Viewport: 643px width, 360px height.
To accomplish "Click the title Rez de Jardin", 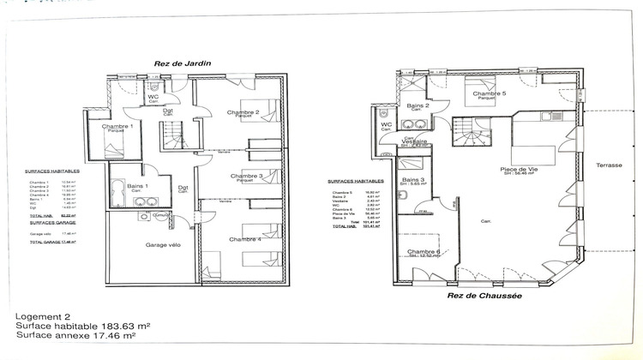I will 183,63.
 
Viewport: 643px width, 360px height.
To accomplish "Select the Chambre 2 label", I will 243,112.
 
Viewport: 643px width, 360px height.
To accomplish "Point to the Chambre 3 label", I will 246,176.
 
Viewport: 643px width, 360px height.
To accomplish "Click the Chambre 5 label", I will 489,93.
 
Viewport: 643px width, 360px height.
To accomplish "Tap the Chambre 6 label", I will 424,251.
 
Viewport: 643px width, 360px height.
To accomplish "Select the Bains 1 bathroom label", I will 137,186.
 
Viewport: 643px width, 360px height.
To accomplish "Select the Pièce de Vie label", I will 519,170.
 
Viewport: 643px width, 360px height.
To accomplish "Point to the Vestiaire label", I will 415,141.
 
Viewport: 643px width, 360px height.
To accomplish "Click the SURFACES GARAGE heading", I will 50,222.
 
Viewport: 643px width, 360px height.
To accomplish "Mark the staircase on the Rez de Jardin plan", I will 172,135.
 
